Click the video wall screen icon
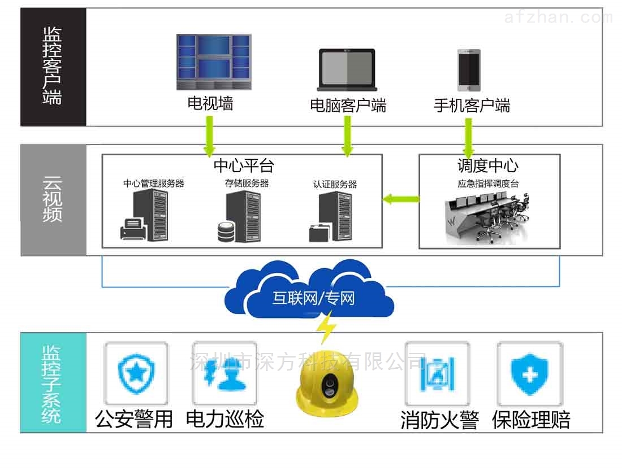click(213, 63)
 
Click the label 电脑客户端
click(348, 106)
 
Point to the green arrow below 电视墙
click(209, 136)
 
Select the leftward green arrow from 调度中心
click(401, 198)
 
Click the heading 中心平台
click(244, 165)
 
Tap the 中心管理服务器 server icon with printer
click(145, 216)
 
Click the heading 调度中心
click(487, 165)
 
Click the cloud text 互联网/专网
click(313, 298)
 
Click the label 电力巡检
click(224, 419)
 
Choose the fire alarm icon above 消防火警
click(437, 373)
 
